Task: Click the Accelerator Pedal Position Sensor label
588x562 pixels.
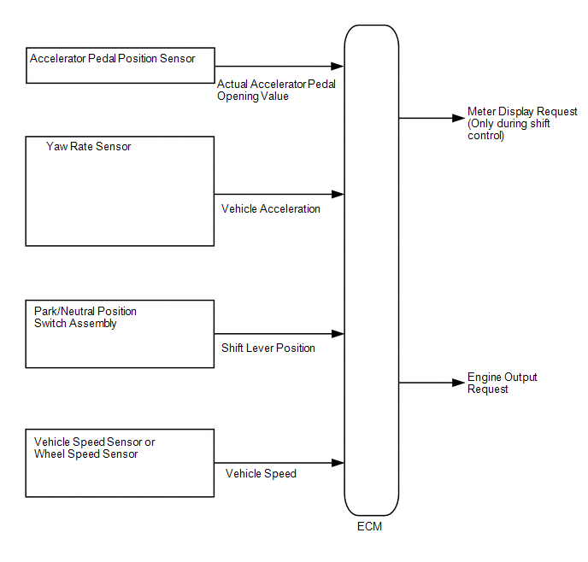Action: tap(113, 58)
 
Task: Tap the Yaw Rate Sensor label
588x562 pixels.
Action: tap(89, 147)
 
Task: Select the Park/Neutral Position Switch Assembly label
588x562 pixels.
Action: tap(85, 318)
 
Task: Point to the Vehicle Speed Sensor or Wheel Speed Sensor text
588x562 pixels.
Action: tap(95, 448)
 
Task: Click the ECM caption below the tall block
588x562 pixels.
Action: tap(369, 526)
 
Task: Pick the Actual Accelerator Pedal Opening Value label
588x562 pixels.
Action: tap(276, 90)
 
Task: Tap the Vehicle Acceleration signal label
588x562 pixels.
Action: tap(271, 208)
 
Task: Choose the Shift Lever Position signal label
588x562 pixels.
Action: tap(268, 348)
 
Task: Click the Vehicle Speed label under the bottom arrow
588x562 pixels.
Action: tap(261, 473)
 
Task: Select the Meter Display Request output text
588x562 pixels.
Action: tap(522, 123)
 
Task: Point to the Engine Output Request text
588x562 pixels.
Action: tap(503, 383)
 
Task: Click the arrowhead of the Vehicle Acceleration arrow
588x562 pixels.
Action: tap(338, 194)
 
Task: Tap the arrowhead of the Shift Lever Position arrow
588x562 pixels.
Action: tap(338, 334)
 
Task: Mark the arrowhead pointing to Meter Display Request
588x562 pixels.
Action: tap(459, 118)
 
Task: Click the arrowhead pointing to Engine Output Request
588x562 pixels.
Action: tap(459, 383)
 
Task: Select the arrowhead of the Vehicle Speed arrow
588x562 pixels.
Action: tap(338, 463)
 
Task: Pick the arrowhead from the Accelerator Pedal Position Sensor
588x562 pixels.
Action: tap(338, 67)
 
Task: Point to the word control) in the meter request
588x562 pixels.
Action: tap(485, 135)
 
